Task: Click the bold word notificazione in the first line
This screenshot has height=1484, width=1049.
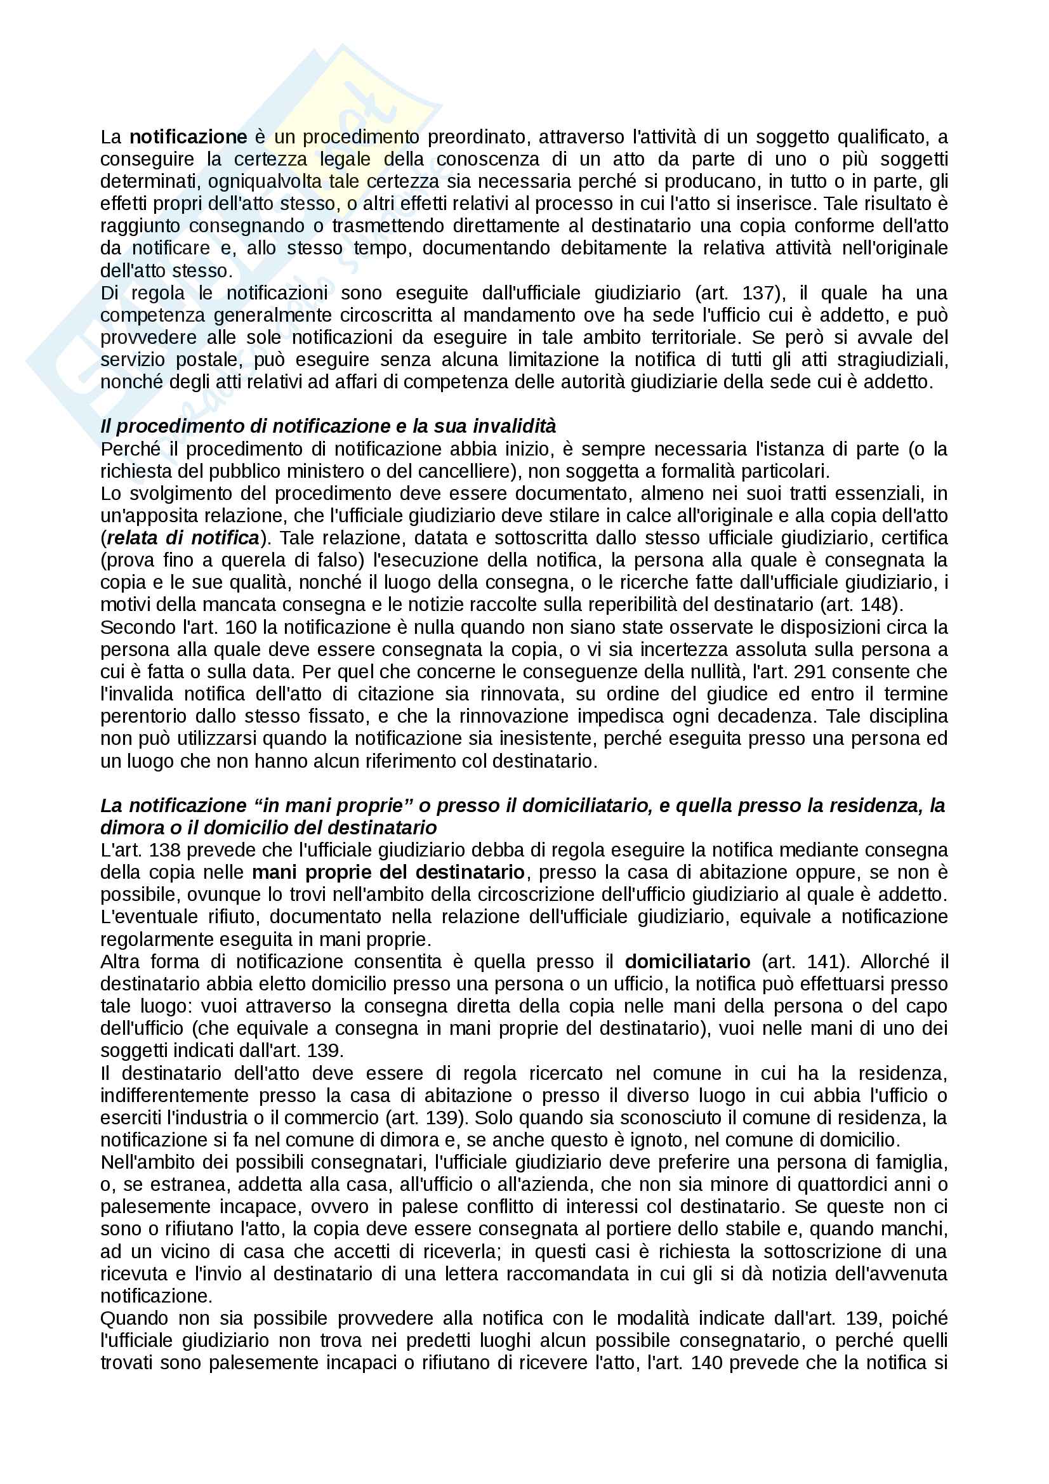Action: [188, 137]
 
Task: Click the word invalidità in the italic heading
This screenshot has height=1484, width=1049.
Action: [515, 426]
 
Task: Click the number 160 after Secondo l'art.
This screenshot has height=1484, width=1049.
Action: [242, 627]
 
